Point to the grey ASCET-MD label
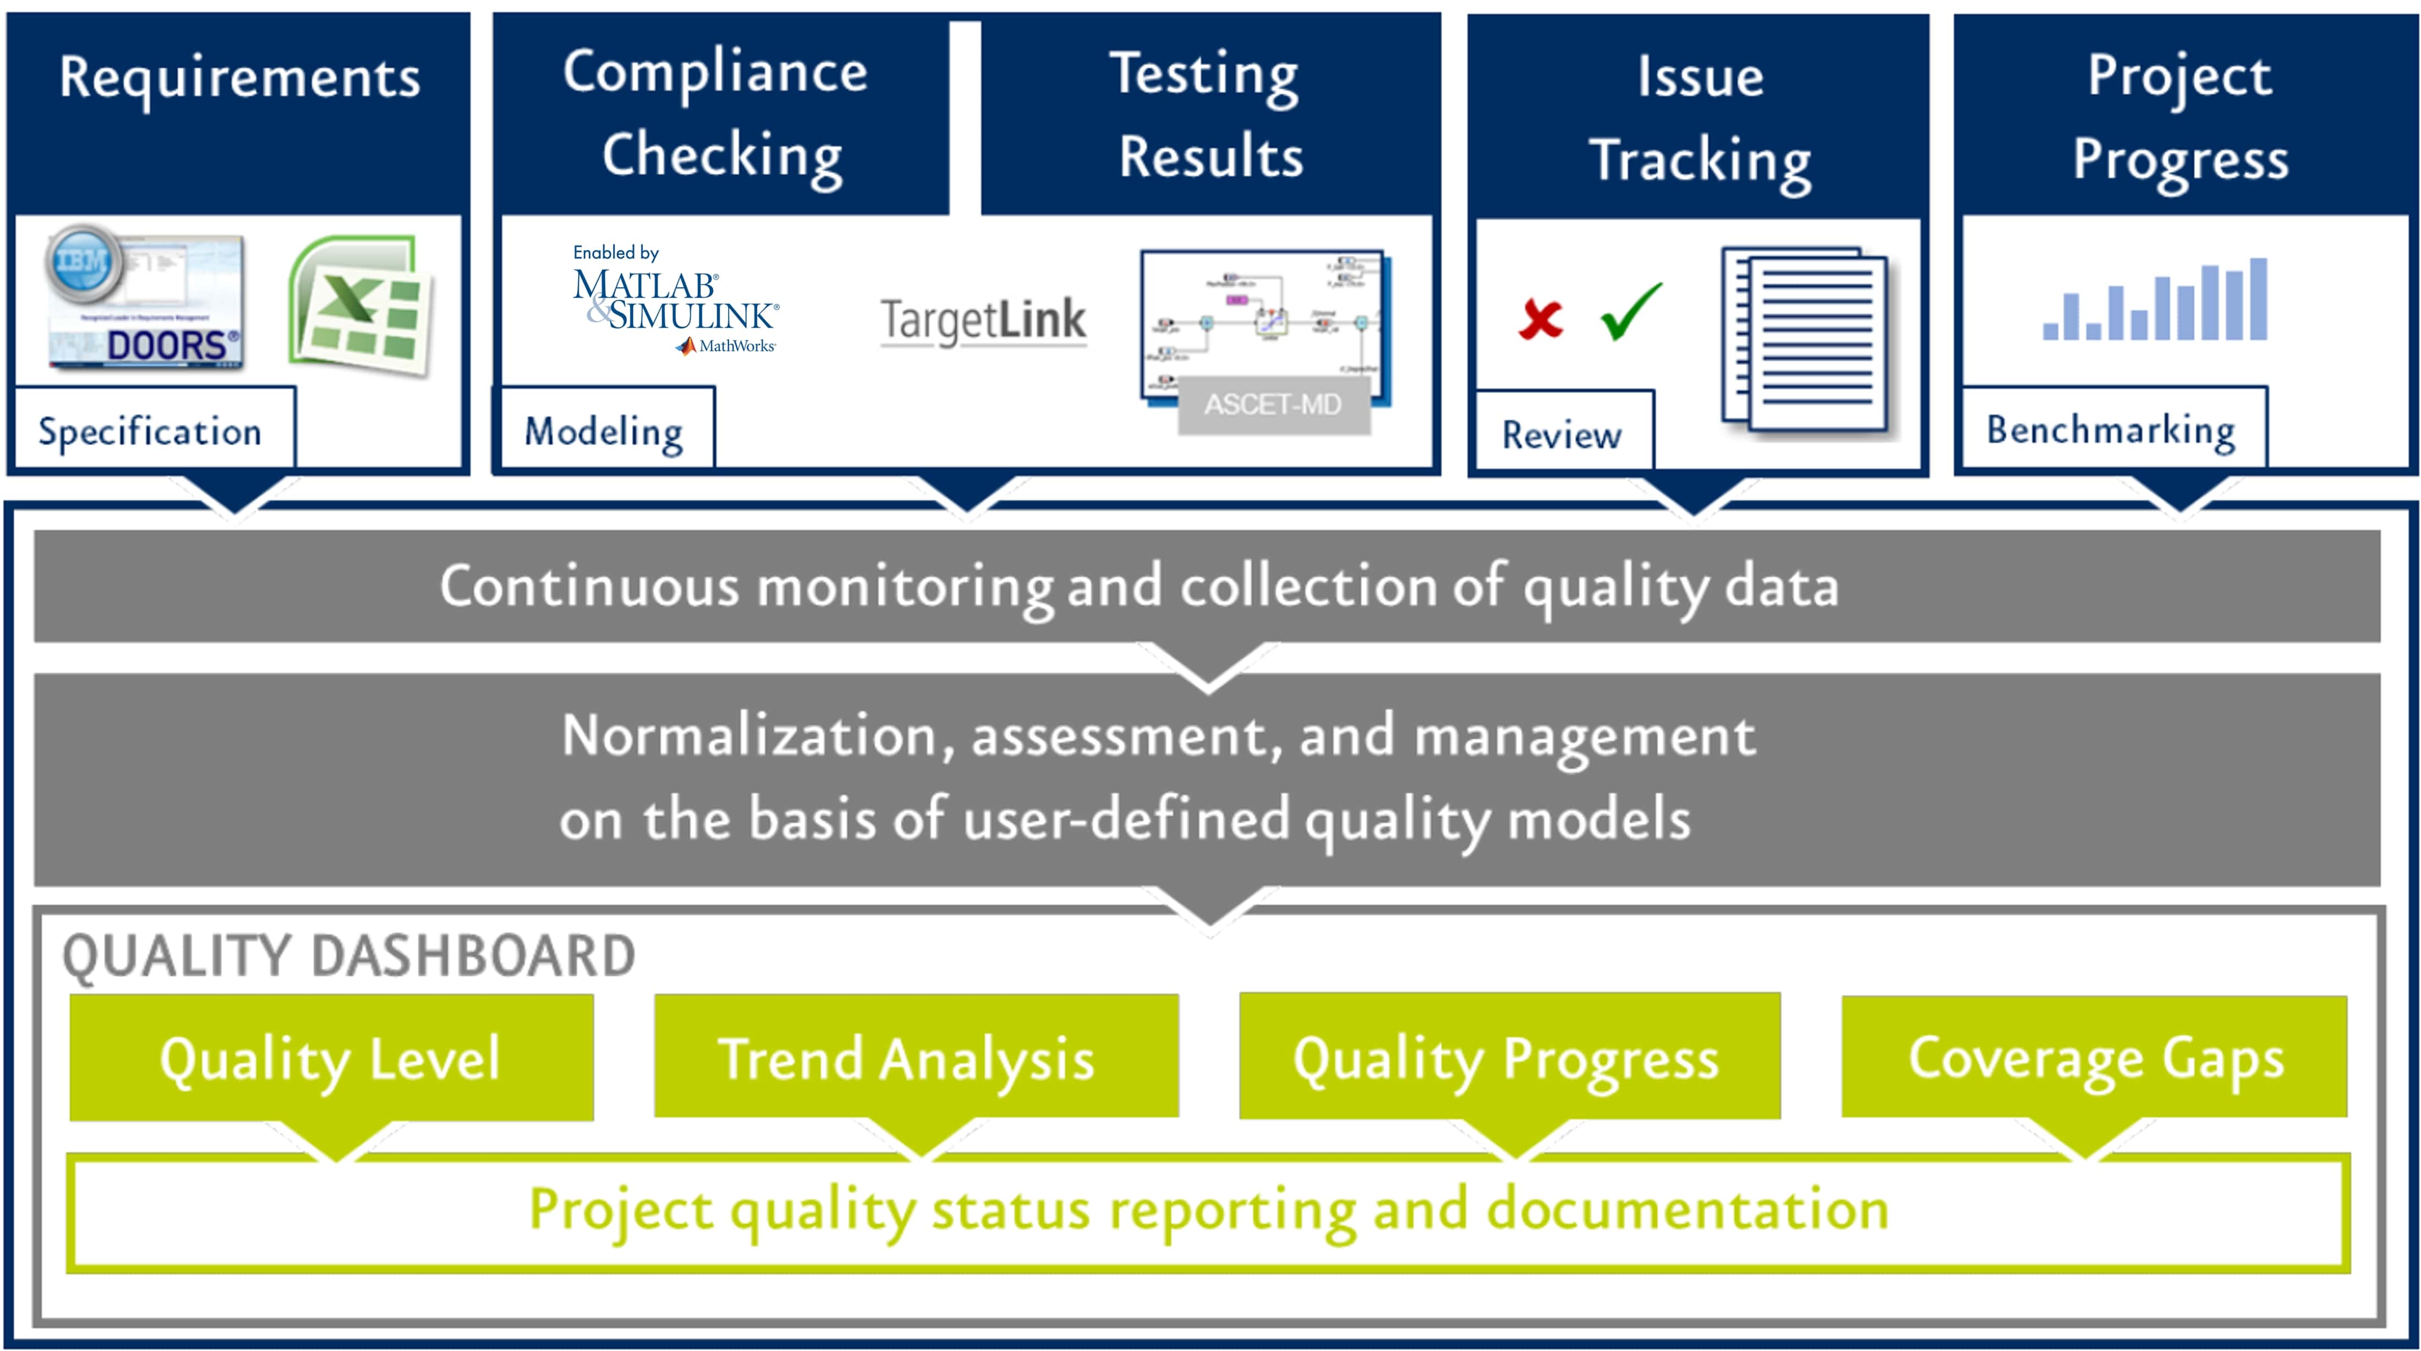pos(1273,405)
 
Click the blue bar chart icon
pos(2155,301)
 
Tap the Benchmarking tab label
pos(2111,430)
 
